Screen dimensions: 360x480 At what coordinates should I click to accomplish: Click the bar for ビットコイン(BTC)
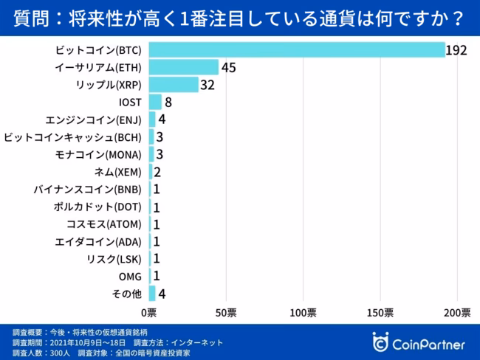click(x=296, y=49)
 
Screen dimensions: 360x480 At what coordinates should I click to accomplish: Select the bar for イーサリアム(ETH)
click(x=184, y=67)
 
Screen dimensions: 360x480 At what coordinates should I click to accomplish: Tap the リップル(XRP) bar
click(x=174, y=85)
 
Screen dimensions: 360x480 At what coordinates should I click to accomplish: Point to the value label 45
click(x=230, y=68)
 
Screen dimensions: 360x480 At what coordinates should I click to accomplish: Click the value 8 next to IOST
click(x=168, y=103)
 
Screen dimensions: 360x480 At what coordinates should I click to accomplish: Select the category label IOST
click(x=131, y=102)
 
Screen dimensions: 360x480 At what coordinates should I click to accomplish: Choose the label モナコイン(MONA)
click(x=100, y=154)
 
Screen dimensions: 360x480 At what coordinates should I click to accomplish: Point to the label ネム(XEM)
click(x=117, y=172)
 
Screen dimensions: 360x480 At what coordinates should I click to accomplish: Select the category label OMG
click(x=131, y=276)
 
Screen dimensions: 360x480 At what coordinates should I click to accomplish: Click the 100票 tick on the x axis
click(x=303, y=312)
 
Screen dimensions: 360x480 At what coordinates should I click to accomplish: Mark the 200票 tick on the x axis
click(x=457, y=312)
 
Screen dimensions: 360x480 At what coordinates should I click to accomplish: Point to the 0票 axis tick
click(x=149, y=312)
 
